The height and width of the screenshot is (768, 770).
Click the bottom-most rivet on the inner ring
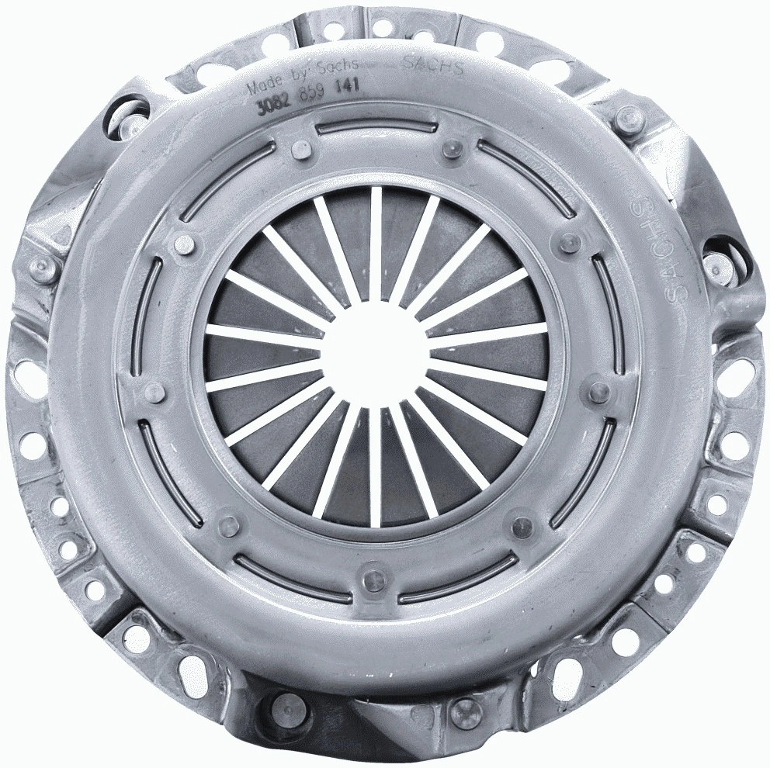(x=375, y=579)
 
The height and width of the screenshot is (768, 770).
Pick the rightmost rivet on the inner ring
(x=598, y=392)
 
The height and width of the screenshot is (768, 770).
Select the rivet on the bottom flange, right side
(x=467, y=711)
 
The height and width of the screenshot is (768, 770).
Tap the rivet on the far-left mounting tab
(x=41, y=268)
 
